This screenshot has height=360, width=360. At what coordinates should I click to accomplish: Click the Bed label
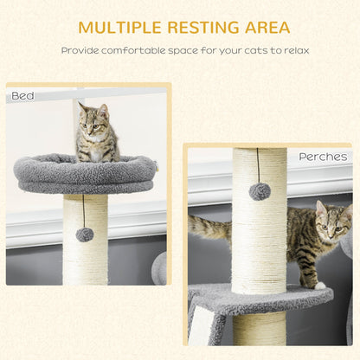[x=23, y=95]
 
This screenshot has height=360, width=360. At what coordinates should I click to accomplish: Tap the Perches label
[x=323, y=157]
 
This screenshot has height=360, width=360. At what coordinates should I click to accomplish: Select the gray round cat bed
[x=84, y=176]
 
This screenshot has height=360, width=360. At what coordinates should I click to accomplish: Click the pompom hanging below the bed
[x=84, y=235]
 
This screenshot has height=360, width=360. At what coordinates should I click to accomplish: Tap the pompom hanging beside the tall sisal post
[x=260, y=191]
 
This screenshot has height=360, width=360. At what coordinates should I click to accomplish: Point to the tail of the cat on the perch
[x=208, y=229]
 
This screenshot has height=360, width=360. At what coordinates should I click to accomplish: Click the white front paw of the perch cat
[x=319, y=285]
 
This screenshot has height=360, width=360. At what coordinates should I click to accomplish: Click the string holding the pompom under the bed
[x=83, y=209]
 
